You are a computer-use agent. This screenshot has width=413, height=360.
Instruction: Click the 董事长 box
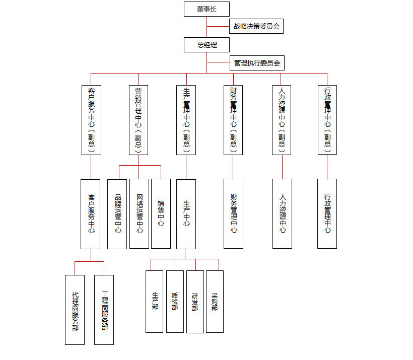pos(206,9)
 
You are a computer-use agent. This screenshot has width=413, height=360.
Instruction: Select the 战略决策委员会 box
pos(256,26)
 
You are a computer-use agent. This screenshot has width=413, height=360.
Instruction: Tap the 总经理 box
pos(206,45)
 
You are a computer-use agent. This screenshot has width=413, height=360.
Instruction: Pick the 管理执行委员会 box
pos(257,62)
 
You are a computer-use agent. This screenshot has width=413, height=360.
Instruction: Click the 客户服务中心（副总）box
pos(91,120)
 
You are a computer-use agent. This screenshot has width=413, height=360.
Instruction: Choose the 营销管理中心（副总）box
pos(139,120)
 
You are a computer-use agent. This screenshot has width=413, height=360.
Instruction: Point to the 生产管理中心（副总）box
pos(186,120)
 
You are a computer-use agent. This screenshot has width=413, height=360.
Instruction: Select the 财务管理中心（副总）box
pos(233,120)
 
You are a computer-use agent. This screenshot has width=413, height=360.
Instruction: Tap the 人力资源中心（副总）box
pos(282,120)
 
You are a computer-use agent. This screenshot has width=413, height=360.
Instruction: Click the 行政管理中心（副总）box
pos(327,120)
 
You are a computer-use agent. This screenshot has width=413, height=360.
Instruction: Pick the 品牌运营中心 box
pos(117,214)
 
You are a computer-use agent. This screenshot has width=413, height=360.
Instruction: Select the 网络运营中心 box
pos(140,214)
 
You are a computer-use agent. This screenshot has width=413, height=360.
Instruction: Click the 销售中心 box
pos(161,214)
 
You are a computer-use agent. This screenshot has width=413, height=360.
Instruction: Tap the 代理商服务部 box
pos(75,310)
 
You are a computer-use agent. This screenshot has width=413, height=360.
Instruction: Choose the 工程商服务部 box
pos(104,310)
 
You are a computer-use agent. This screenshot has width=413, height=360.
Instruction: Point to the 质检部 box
pos(175,302)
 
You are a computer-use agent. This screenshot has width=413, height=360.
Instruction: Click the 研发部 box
pos(195,302)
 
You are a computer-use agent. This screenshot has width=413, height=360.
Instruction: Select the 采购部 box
pos(215,302)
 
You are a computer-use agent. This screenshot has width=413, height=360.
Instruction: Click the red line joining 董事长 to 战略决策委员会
pos(218,26)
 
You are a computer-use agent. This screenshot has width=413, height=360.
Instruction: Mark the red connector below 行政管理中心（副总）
pos(327,167)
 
